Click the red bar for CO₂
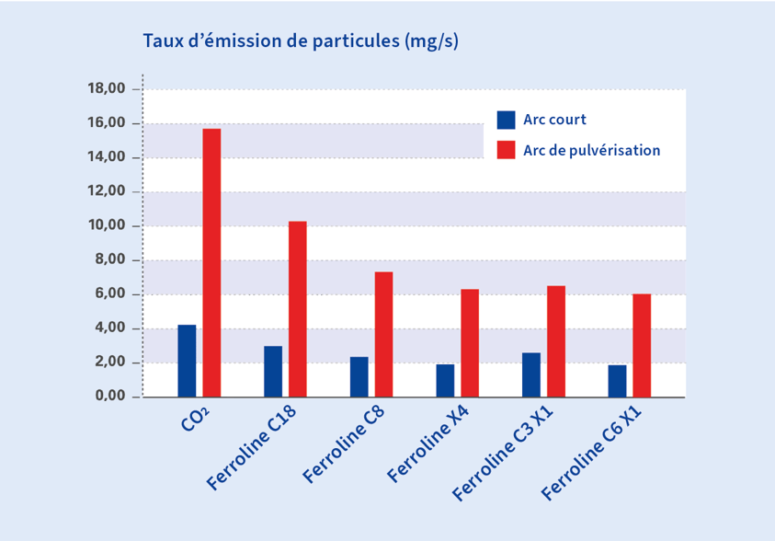211,263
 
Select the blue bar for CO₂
187,361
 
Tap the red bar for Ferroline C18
297,309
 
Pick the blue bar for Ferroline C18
272,372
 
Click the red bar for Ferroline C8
383,335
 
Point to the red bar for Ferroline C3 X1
555,341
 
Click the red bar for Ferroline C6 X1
642,346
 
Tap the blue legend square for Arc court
506,120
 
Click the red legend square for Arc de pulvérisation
506,150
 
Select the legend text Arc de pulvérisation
591,150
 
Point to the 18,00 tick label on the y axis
106,89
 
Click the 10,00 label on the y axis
106,225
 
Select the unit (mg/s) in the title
431,41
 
